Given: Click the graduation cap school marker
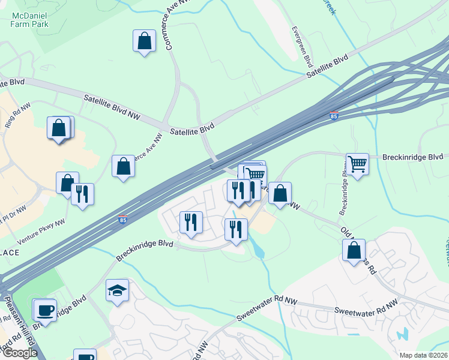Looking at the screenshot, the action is point(117,291).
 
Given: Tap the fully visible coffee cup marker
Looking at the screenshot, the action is point(45,310).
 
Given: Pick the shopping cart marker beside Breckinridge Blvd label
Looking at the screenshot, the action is point(357,163).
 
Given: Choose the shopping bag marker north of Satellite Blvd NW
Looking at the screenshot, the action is point(144,41).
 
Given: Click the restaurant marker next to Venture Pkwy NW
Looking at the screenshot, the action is point(82,194).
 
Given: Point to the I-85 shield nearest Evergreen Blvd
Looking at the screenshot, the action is point(334,115).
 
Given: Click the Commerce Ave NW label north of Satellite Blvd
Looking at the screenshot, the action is point(168,31).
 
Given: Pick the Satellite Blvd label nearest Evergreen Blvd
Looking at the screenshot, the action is point(327,67).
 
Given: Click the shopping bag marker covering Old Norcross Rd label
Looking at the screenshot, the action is point(354,250).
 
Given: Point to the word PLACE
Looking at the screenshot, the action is point(9,253).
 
